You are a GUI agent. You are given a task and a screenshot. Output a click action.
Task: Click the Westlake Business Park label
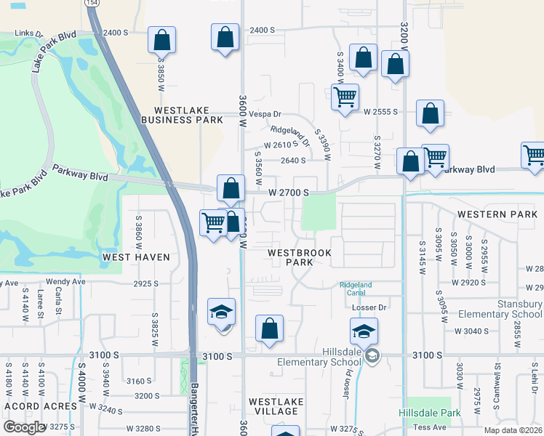click(x=182, y=114)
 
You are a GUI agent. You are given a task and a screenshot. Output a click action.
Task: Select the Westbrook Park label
click(x=299, y=257)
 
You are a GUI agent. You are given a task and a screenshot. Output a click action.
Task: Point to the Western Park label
click(x=497, y=214)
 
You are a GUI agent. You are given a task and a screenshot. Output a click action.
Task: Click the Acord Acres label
click(x=41, y=405)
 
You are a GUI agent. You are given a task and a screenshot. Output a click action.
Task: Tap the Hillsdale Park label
click(x=430, y=413)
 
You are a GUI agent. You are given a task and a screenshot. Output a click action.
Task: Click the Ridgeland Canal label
click(x=356, y=288)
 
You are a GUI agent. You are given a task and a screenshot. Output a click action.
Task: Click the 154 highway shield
click(x=92, y=4)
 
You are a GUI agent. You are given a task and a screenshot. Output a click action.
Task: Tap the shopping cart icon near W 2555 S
click(x=345, y=97)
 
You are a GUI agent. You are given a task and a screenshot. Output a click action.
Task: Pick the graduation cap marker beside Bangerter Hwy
click(x=222, y=312)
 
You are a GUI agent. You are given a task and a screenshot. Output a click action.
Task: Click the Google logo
click(x=24, y=427)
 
